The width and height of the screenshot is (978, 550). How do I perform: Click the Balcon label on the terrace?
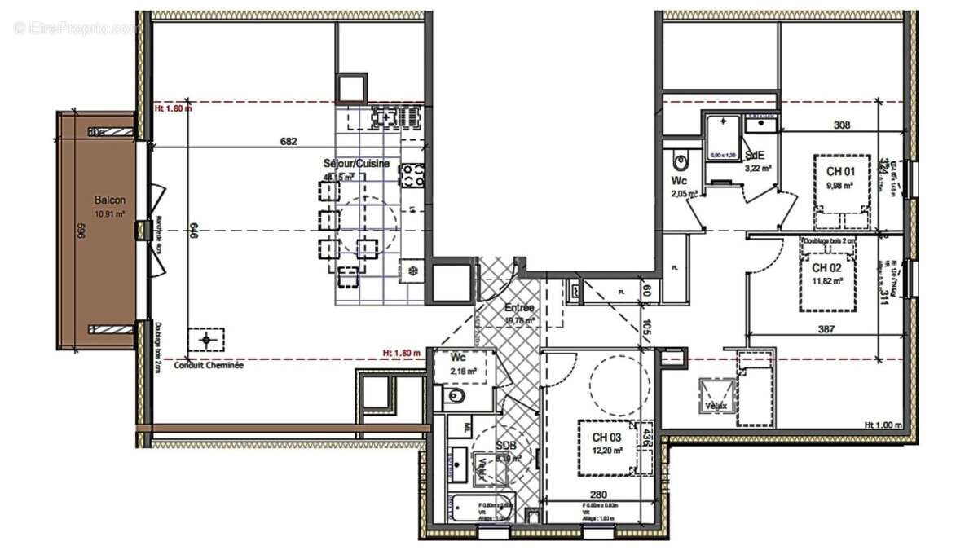click(x=109, y=200)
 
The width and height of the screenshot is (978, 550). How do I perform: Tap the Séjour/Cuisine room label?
click(x=356, y=164)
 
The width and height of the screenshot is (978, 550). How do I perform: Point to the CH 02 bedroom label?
click(x=826, y=268)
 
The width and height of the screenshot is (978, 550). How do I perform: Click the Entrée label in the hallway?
click(x=519, y=308)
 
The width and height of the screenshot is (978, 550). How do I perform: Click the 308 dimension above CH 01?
click(x=842, y=125)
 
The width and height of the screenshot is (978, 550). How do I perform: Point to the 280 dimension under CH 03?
click(x=598, y=495)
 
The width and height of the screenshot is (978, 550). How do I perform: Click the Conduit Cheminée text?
click(x=214, y=366)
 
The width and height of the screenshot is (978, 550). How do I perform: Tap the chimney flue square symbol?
click(x=206, y=338)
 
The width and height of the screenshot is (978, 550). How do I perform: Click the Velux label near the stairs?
click(x=717, y=405)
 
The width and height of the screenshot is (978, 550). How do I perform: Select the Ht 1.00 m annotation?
click(x=882, y=425)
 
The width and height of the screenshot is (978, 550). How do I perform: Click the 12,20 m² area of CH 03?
click(x=607, y=450)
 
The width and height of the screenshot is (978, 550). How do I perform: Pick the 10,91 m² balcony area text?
click(x=109, y=214)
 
